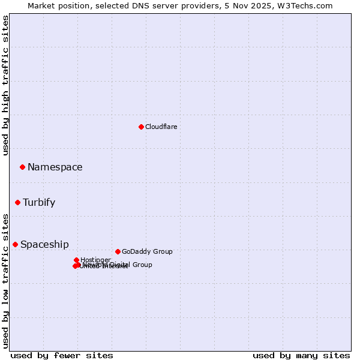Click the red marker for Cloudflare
click(x=141, y=127)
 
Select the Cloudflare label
click(x=161, y=127)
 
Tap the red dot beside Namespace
click(x=22, y=167)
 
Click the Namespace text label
click(x=55, y=167)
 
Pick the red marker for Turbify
click(x=18, y=202)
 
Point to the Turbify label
click(x=39, y=203)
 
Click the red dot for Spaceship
click(x=15, y=244)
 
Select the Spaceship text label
click(x=44, y=245)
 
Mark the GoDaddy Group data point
click(x=118, y=251)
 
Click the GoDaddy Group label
click(x=147, y=252)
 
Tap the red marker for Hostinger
click(x=76, y=260)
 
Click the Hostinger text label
click(x=95, y=260)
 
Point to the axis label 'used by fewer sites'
click(x=62, y=355)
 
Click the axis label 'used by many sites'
click(x=301, y=355)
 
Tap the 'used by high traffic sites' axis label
click(x=6, y=85)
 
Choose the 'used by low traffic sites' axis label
click(x=6, y=281)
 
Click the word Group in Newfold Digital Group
click(x=142, y=265)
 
